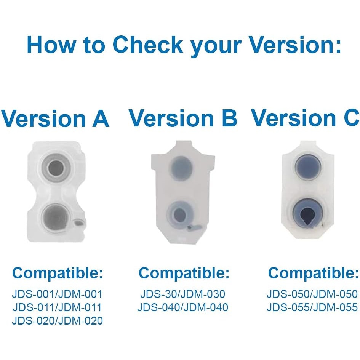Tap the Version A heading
[55, 118]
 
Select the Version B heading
[183, 118]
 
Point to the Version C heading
[305, 118]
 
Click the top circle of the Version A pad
[56, 168]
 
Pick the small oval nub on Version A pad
[80, 222]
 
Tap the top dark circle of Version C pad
[308, 166]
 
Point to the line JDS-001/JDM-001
[57, 294]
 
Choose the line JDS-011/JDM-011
[57, 307]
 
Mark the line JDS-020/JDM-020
[58, 321]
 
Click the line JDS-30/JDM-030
[183, 294]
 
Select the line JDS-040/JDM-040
[183, 307]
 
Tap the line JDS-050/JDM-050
[312, 294]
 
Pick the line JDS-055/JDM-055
[312, 307]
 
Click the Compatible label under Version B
[184, 273]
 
